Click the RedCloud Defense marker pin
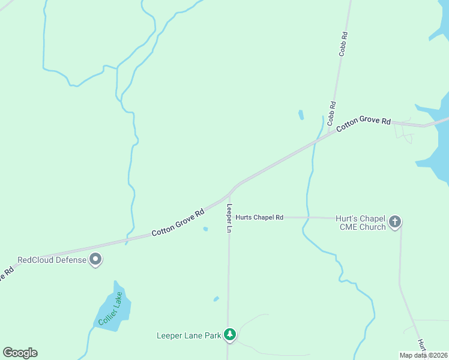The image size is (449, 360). coord(95,259)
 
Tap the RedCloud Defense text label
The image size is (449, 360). coord(52,260)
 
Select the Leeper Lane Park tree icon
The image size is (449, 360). coord(229,335)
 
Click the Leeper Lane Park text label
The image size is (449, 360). coord(189,335)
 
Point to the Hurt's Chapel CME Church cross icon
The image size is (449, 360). coord(395,221)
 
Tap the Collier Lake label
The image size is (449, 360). coord(111,308)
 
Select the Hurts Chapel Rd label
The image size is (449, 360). coord(259,217)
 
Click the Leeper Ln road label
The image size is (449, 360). coord(229,218)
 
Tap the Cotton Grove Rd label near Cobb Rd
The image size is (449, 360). coord(363,124)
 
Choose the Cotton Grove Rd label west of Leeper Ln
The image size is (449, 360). coord(178,222)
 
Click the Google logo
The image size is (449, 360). coord(20,353)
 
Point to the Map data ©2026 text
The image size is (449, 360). coord(424,355)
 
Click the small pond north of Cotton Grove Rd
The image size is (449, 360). coord(301,114)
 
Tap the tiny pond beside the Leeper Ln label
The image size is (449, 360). coord(206,229)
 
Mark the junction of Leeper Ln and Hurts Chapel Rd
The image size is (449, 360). coord(229,217)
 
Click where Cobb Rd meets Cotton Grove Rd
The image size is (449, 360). coord(328,134)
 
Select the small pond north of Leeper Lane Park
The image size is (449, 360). coord(216,298)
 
